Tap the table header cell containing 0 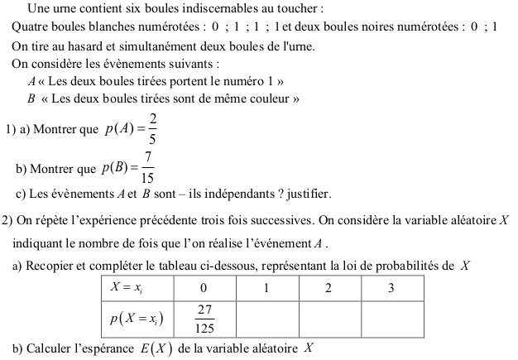(204, 288)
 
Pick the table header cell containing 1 (266, 288)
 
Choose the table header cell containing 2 (329, 288)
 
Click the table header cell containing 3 (391, 288)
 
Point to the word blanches (103, 26)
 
